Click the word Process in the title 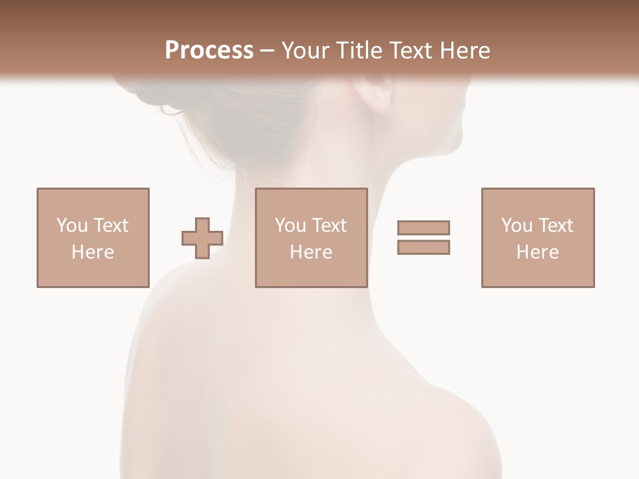point(209,51)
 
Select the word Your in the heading point(306,51)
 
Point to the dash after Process point(268,51)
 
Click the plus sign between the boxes point(202,238)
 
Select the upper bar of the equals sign point(423,228)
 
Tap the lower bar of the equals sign point(423,247)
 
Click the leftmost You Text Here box point(93,238)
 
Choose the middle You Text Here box point(311,238)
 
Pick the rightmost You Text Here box point(538,238)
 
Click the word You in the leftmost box point(72,226)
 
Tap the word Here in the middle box point(311,252)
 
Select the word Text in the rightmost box point(555,226)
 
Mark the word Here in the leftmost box point(93,252)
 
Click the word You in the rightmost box point(517,226)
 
